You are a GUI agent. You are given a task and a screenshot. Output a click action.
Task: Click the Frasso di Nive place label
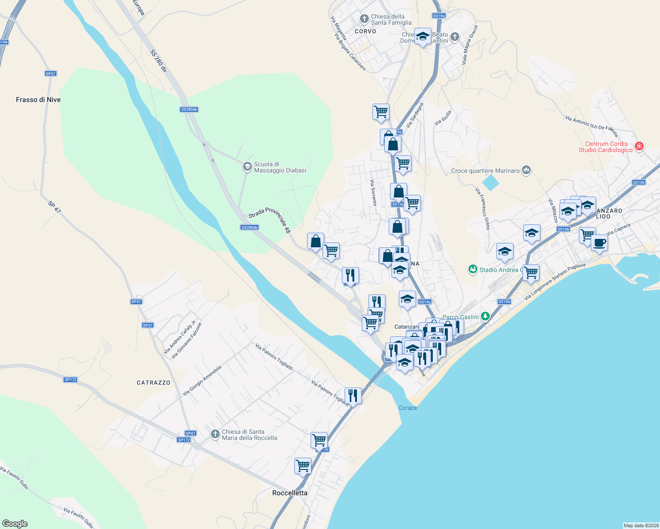(38, 100)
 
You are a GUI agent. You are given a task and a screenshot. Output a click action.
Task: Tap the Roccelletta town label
(290, 493)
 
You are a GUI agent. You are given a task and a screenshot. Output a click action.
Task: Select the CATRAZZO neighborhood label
(154, 383)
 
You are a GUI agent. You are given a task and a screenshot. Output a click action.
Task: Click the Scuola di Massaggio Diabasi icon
(247, 167)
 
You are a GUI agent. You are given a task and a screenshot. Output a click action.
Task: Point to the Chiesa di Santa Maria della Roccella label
(249, 435)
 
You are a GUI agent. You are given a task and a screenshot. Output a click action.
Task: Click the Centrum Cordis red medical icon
(639, 146)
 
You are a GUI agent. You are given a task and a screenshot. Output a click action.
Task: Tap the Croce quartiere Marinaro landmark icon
(526, 170)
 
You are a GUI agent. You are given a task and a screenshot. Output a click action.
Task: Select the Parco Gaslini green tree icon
(485, 316)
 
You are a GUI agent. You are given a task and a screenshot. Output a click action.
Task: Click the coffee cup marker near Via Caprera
(599, 242)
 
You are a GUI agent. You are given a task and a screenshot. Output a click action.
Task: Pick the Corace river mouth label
(408, 408)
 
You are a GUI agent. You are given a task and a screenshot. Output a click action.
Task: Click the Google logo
(15, 524)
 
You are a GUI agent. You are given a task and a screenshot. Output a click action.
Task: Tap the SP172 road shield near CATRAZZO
(71, 380)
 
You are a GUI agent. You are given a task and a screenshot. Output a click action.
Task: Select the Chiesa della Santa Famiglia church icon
(364, 19)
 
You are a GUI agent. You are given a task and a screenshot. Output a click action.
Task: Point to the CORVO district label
(365, 31)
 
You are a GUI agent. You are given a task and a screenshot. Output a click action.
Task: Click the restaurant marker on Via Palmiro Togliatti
(352, 395)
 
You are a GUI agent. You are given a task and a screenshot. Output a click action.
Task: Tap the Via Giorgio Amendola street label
(202, 380)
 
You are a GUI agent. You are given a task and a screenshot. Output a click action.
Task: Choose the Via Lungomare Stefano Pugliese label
(555, 282)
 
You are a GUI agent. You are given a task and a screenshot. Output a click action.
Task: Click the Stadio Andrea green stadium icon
(473, 269)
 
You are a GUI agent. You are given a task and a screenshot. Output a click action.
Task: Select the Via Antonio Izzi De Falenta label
(592, 126)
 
